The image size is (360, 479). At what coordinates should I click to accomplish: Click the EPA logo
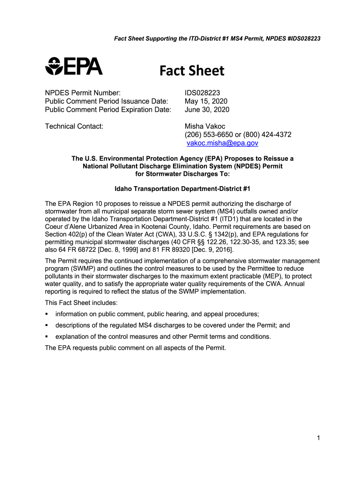click(74, 66)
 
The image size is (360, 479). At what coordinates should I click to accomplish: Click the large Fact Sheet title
click(192, 71)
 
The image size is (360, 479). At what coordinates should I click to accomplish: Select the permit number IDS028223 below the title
click(202, 93)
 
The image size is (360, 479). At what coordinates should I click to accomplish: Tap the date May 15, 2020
click(205, 102)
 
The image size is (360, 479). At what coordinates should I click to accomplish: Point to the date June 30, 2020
click(207, 110)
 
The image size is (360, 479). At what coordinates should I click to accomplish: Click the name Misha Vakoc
click(205, 126)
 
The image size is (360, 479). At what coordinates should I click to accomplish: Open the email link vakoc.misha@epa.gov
click(223, 143)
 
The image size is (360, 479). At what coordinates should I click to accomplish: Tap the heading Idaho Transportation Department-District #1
click(183, 189)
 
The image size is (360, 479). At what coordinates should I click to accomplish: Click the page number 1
click(317, 438)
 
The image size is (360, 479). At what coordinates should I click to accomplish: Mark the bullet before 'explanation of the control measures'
click(47, 337)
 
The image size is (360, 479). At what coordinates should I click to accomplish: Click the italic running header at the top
click(217, 38)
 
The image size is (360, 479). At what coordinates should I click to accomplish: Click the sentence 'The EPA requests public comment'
click(136, 348)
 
